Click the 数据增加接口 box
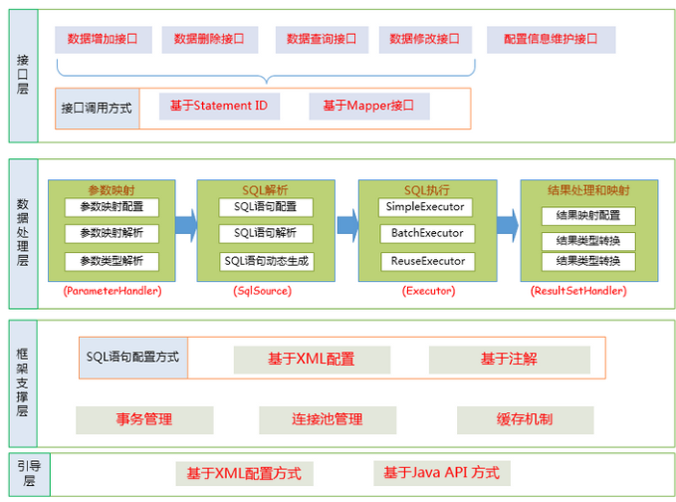(x=102, y=40)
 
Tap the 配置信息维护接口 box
(x=551, y=40)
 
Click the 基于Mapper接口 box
(x=374, y=106)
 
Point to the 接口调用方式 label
(x=96, y=108)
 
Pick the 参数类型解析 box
(x=112, y=261)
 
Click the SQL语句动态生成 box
(x=266, y=261)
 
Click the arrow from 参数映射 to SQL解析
(x=185, y=225)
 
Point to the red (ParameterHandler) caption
(x=112, y=291)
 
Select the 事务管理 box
(x=144, y=419)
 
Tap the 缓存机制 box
(x=525, y=419)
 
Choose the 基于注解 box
(x=509, y=360)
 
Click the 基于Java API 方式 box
(x=441, y=473)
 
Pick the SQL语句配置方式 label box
(x=133, y=357)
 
